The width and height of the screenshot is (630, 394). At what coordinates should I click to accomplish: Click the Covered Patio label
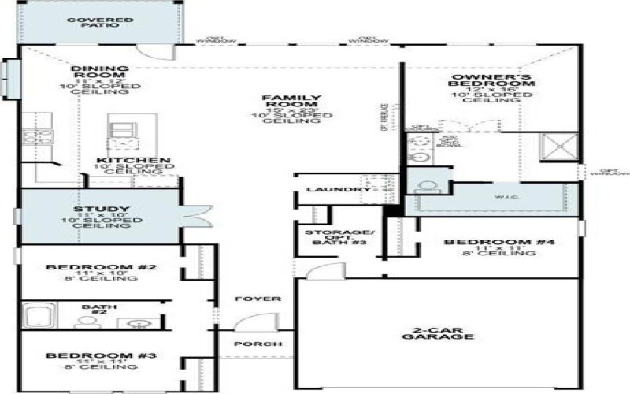(100, 21)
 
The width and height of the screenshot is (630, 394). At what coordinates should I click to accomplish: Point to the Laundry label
(328, 190)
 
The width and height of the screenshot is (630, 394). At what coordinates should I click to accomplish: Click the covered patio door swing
(154, 48)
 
